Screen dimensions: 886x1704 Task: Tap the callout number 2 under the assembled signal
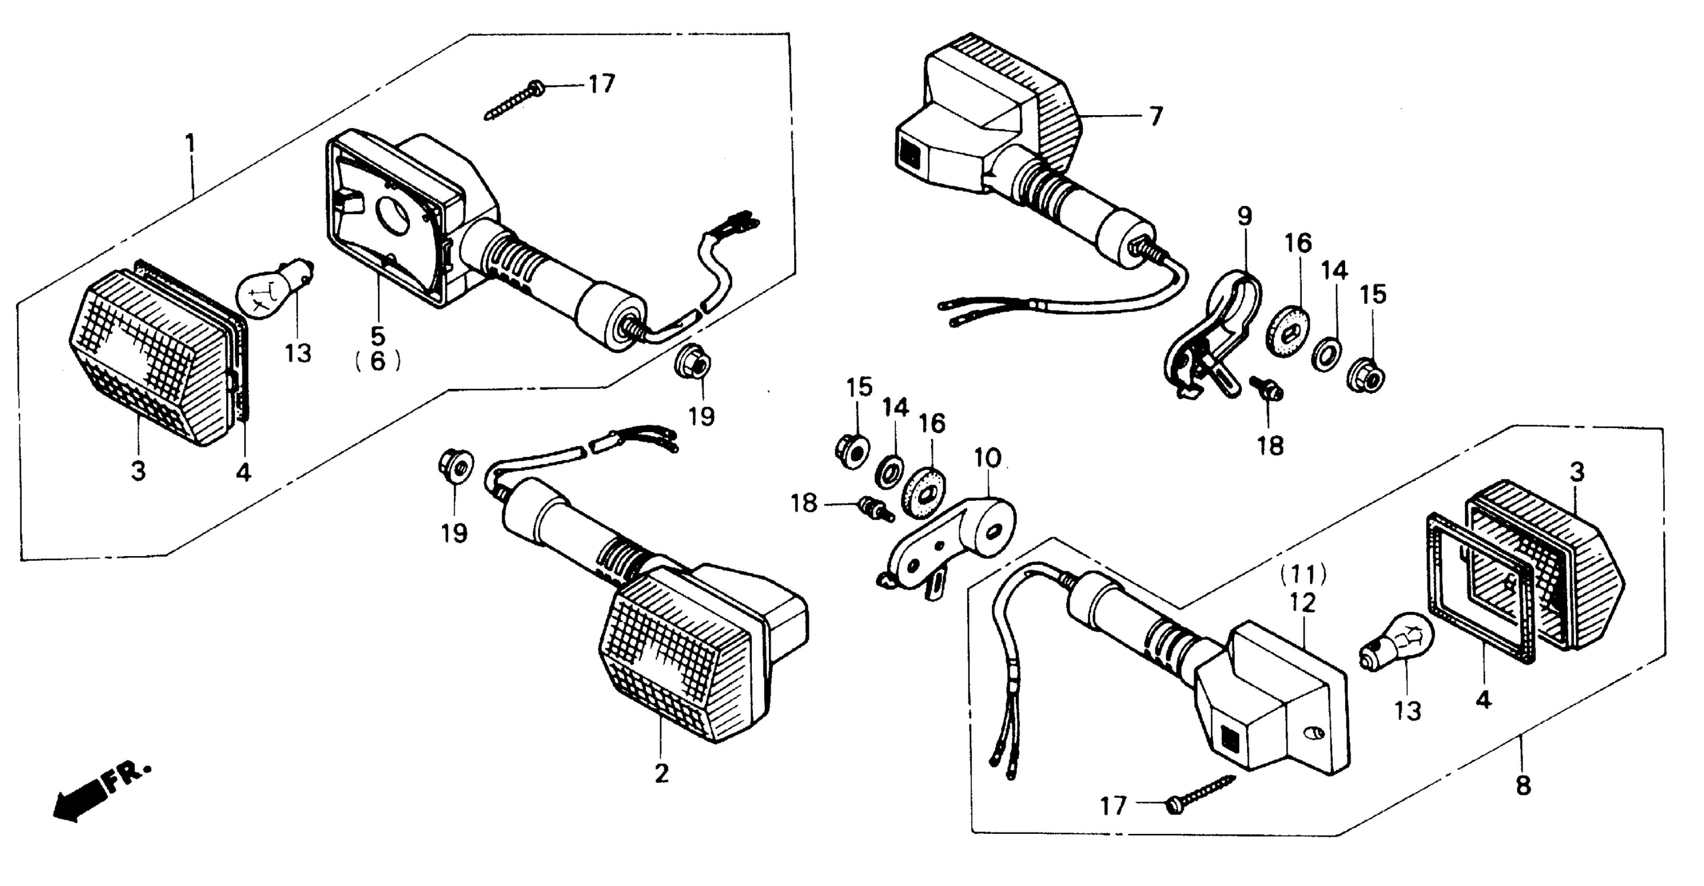click(x=662, y=773)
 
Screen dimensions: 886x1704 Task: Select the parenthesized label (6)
click(x=378, y=361)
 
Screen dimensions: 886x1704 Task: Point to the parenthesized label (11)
click(x=1303, y=574)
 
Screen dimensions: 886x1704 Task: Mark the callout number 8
click(x=1523, y=785)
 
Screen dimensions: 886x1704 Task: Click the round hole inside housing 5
click(x=394, y=216)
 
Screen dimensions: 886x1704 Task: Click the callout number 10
click(x=988, y=458)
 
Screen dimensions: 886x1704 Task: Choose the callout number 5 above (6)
click(x=378, y=336)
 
